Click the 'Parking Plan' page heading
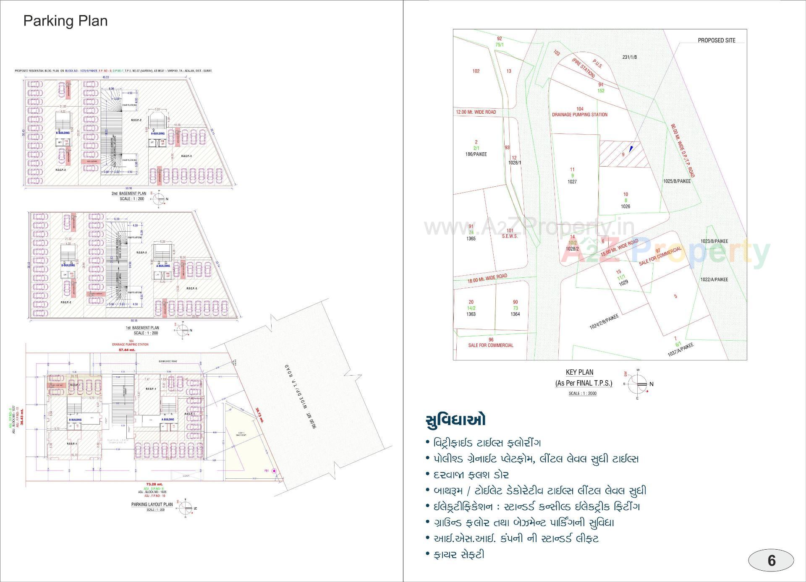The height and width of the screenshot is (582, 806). tap(65, 21)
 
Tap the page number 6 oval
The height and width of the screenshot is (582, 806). tap(771, 561)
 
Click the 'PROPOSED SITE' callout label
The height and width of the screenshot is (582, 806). tap(716, 40)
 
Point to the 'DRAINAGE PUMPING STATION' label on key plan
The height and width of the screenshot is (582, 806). tap(579, 115)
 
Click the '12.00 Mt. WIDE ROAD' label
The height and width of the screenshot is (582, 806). tap(476, 112)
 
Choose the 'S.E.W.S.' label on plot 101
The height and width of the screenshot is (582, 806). tap(510, 236)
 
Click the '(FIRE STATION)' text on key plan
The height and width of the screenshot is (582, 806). tap(583, 68)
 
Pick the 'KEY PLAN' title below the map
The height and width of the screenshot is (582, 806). tap(579, 372)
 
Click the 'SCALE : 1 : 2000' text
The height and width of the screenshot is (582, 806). tap(582, 394)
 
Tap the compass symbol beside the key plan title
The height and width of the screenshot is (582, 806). tap(638, 384)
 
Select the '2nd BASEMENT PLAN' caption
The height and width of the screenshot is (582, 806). tap(129, 193)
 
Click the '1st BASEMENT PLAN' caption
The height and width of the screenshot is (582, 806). tap(143, 328)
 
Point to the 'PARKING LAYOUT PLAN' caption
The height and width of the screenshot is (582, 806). tap(152, 504)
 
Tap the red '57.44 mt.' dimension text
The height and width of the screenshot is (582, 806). tap(127, 350)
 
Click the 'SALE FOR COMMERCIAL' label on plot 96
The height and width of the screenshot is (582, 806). tap(491, 345)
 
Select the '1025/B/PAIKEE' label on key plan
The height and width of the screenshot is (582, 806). tap(677, 181)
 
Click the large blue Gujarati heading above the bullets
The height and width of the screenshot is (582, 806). tap(455, 420)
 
